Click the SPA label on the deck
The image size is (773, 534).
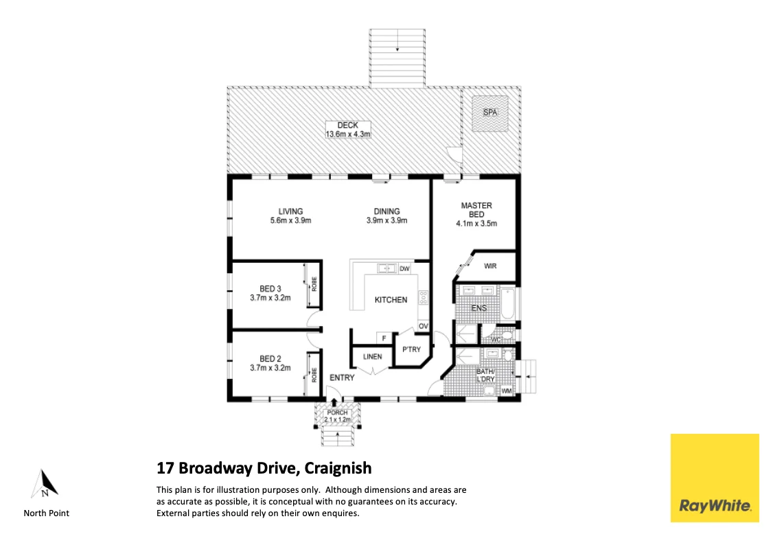489,112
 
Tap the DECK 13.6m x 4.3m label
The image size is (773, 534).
348,130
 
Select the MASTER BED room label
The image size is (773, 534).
476,214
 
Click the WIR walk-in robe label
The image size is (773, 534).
490,266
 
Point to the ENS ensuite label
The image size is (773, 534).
478,308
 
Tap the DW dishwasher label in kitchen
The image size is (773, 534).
404,268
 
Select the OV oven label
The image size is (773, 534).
424,326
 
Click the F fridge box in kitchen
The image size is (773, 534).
384,338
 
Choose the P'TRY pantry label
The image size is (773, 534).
411,350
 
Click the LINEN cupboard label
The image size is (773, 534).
372,356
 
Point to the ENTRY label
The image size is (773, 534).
342,378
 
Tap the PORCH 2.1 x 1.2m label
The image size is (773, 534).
337,416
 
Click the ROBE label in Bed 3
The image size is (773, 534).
314,283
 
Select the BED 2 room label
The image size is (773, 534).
270,362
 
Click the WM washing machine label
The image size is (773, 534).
507,391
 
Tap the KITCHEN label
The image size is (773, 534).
391,300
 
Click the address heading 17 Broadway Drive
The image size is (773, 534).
264,468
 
